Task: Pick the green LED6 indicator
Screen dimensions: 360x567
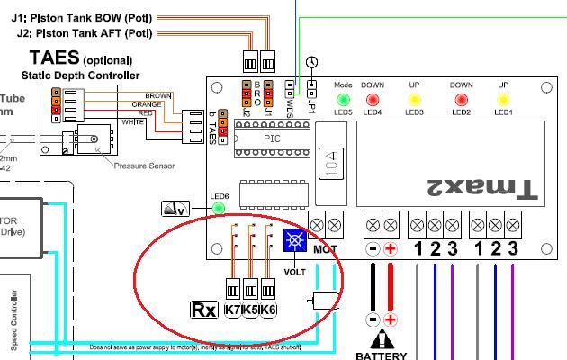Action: point(218,210)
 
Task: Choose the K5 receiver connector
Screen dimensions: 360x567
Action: point(250,310)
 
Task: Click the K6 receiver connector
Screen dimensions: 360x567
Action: point(267,310)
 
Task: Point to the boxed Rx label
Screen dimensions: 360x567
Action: point(203,310)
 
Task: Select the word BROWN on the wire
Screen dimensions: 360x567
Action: point(158,94)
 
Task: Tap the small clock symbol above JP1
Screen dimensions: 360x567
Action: point(311,61)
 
